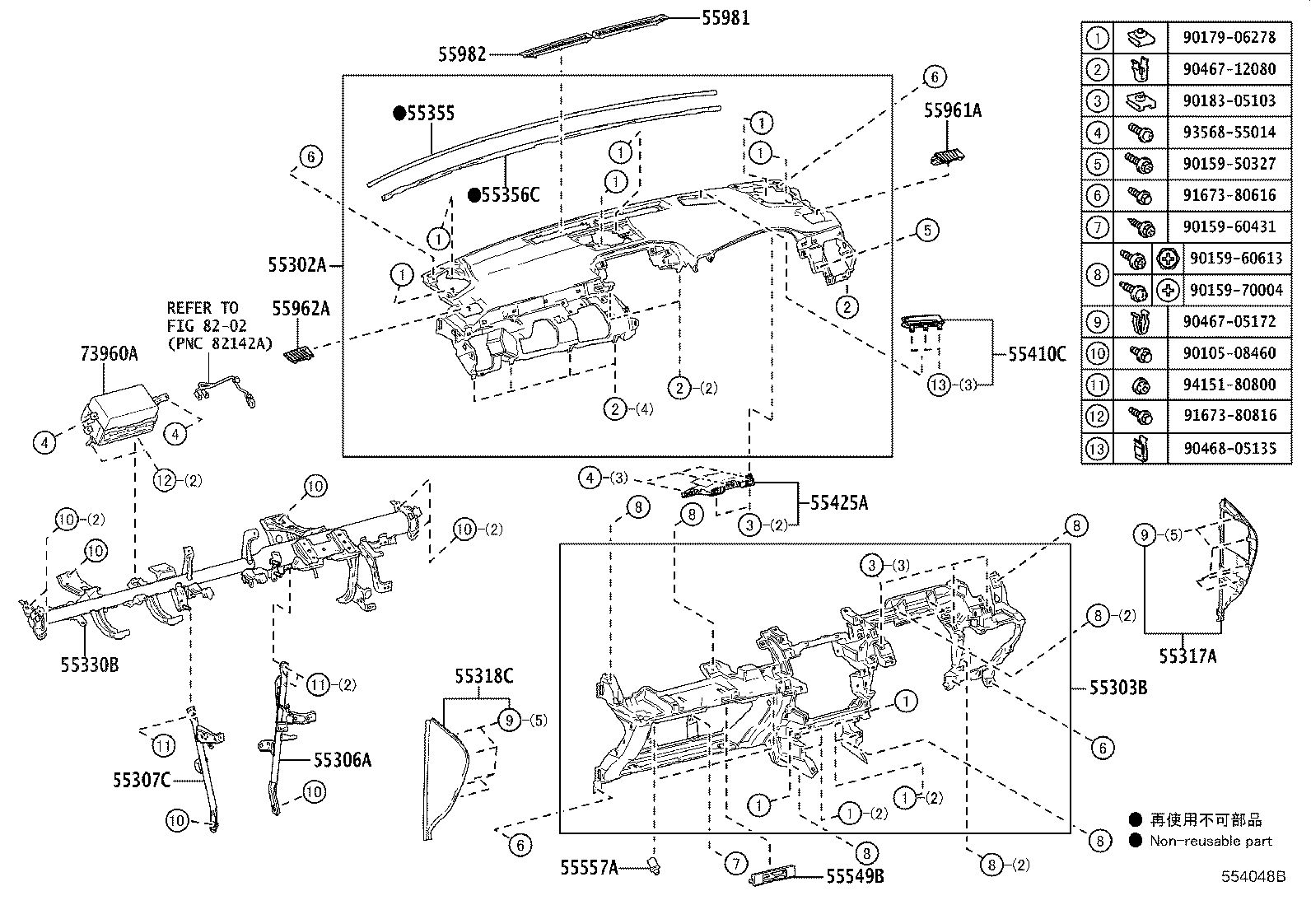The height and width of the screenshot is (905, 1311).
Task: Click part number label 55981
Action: (725, 16)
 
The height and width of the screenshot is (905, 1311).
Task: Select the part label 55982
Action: (461, 54)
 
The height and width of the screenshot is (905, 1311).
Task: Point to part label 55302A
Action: (296, 264)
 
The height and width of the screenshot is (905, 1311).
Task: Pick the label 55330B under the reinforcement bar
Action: (89, 664)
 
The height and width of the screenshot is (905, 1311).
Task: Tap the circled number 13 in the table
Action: (1098, 448)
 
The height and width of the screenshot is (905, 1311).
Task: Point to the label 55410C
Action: (1037, 354)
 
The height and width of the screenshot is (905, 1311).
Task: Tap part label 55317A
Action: (1187, 655)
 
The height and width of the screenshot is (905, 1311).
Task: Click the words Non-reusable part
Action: (1211, 841)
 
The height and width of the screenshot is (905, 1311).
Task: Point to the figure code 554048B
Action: (1253, 878)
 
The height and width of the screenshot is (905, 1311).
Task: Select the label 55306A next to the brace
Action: (342, 759)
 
